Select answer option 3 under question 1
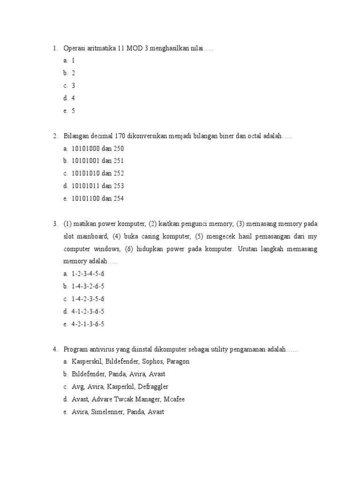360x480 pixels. pyautogui.click(x=73, y=86)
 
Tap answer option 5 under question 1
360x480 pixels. pyautogui.click(x=73, y=111)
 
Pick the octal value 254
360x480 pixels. pyautogui.click(x=119, y=199)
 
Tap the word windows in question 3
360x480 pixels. pyautogui.click(x=107, y=248)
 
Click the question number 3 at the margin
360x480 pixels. pyautogui.click(x=54, y=224)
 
